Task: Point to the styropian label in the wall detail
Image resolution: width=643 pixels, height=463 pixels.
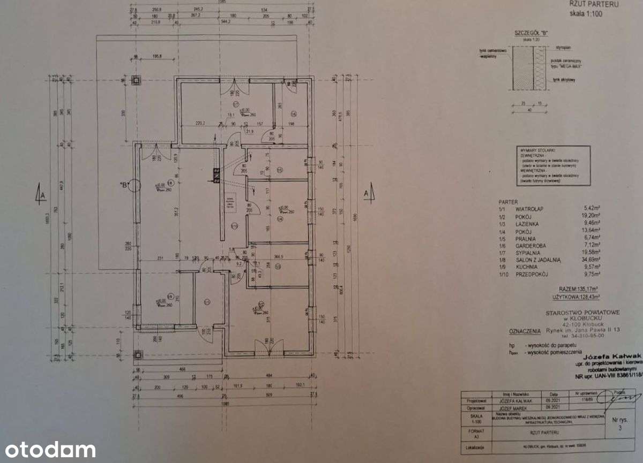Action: click(x=556, y=47)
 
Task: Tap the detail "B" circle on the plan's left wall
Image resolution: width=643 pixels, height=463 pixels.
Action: click(x=133, y=186)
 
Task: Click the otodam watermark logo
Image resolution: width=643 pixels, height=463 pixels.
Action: click(x=48, y=450)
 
